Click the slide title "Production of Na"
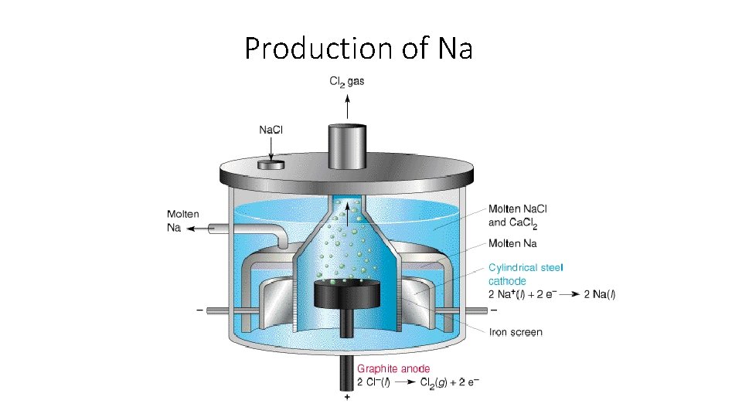point(358,48)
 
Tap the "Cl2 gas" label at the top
point(348,80)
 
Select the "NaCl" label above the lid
point(271,130)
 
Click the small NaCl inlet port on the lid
point(271,164)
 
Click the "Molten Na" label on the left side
point(182,221)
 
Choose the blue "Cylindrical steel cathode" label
point(526,274)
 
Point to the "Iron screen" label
point(516,333)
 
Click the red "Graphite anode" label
point(393,368)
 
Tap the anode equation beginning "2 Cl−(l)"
point(417,383)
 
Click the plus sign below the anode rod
point(347,398)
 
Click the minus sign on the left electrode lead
point(200,310)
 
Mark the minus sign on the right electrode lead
point(494,310)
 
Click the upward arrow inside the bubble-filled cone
point(347,212)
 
